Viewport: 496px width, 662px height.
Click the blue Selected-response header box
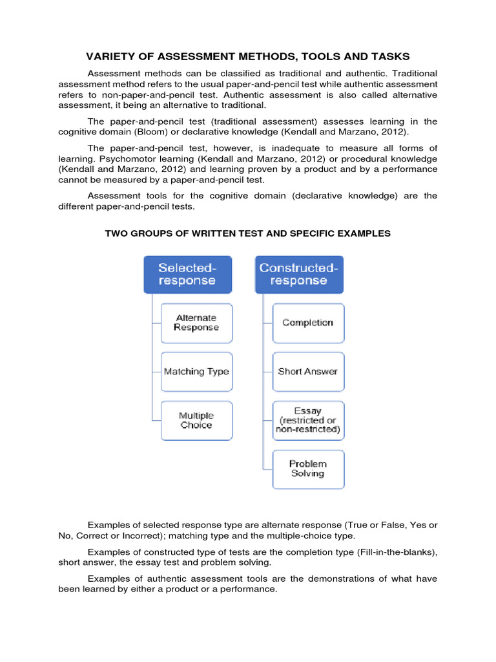[x=187, y=275]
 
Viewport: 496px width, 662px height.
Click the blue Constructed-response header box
[x=299, y=275]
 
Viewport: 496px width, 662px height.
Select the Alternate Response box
[x=196, y=323]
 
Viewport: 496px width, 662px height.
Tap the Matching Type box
[x=196, y=372]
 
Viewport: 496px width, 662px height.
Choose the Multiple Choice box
[x=196, y=421]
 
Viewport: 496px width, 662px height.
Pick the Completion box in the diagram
[x=308, y=323]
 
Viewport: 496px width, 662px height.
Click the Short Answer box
[x=308, y=372]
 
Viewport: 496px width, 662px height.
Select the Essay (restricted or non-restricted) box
[x=308, y=420]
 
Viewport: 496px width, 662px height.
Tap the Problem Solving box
[x=308, y=469]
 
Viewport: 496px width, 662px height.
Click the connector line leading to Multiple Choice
[x=155, y=421]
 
